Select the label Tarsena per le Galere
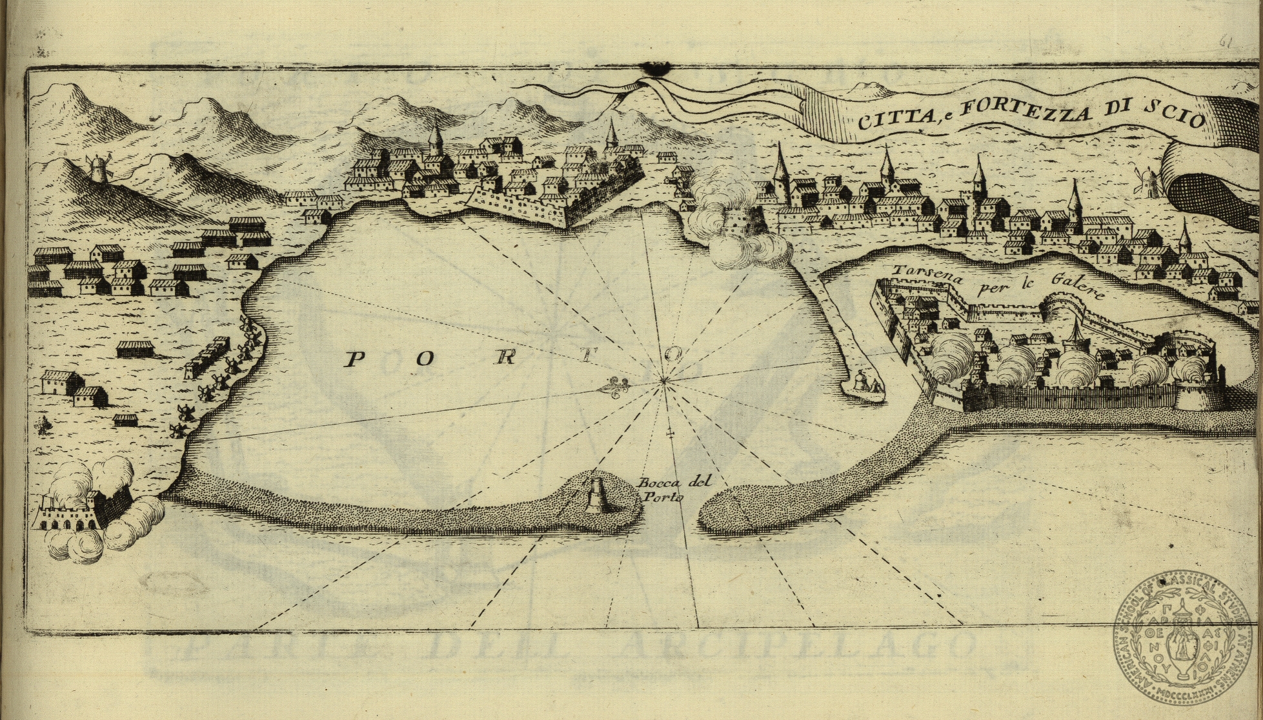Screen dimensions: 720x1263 [994, 285]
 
